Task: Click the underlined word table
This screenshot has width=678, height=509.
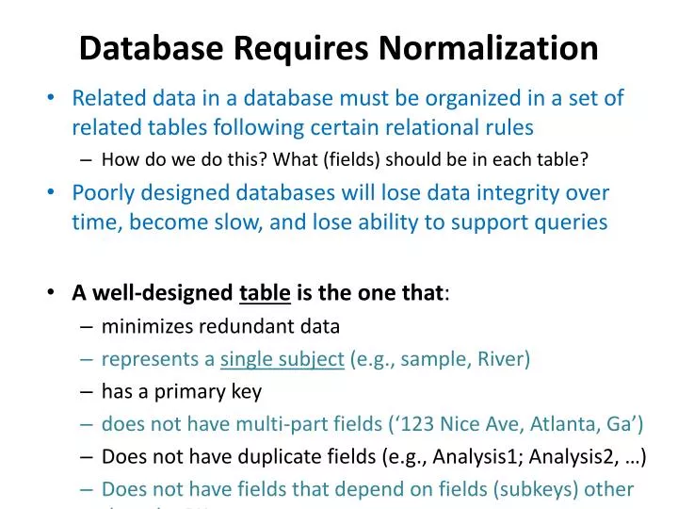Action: (265, 292)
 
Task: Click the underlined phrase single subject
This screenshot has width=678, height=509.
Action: (282, 359)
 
